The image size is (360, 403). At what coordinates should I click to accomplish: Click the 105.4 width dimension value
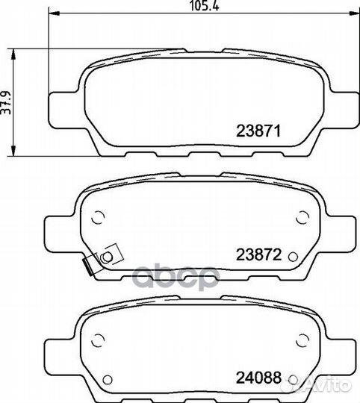click(205, 6)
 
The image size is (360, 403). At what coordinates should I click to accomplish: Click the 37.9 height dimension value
click(6, 102)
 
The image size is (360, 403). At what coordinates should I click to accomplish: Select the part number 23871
click(258, 131)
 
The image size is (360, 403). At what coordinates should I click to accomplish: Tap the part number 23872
click(258, 254)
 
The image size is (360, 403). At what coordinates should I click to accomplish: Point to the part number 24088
click(258, 378)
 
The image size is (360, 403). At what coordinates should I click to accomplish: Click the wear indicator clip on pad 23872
click(103, 259)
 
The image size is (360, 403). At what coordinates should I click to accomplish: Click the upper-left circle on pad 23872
click(98, 217)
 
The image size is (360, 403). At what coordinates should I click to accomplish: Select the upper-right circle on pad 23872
click(302, 217)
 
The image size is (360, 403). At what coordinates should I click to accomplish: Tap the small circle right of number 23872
click(293, 256)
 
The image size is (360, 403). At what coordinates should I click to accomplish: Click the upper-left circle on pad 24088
click(98, 340)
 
